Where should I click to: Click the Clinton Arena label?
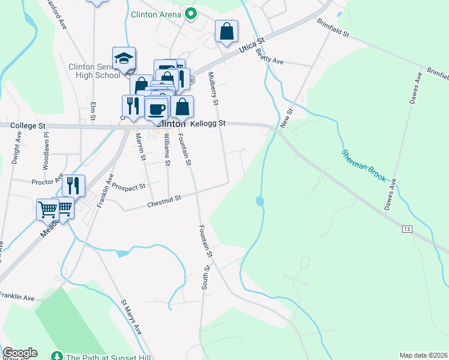(156, 13)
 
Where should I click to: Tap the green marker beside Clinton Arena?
(191, 13)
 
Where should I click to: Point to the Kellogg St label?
(208, 124)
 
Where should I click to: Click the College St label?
(28, 126)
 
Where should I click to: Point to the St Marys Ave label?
(131, 316)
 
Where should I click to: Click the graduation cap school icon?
(124, 58)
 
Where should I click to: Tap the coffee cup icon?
(157, 109)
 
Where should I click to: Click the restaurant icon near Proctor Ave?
(73, 185)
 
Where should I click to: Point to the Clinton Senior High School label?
(95, 71)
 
